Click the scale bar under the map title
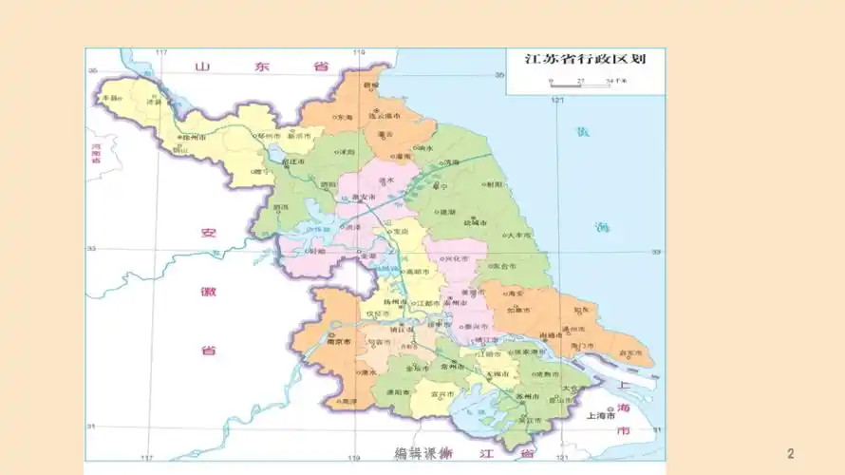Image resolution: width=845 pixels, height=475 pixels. coord(580,84)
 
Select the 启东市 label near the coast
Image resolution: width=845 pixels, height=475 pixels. coord(628,351)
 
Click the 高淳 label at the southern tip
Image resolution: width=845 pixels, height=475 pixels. coord(349,402)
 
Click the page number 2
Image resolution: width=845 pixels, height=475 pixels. coord(791,453)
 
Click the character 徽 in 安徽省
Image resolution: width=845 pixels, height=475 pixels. coord(208,291)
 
